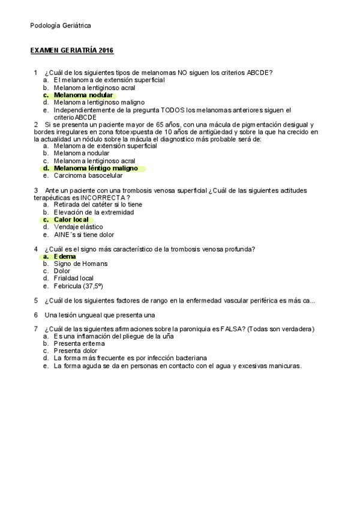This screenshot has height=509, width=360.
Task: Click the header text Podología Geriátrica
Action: [61, 26]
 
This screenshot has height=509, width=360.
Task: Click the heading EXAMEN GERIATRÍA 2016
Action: [71, 50]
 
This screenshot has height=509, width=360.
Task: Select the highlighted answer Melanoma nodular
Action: [82, 95]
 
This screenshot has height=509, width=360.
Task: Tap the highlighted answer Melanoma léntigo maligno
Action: [95, 169]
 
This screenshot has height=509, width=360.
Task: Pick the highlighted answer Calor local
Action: [71, 220]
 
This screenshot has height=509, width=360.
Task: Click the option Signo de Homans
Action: [80, 264]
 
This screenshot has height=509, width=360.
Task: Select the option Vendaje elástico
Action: [78, 227]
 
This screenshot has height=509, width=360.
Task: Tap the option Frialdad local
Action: [73, 278]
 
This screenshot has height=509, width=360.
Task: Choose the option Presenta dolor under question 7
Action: [76, 351]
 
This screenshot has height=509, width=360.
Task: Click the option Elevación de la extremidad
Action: [93, 212]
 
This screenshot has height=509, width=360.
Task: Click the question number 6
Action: [36, 315]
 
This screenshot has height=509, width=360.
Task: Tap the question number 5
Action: [36, 300]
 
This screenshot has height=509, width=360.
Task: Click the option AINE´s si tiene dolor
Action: [83, 235]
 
